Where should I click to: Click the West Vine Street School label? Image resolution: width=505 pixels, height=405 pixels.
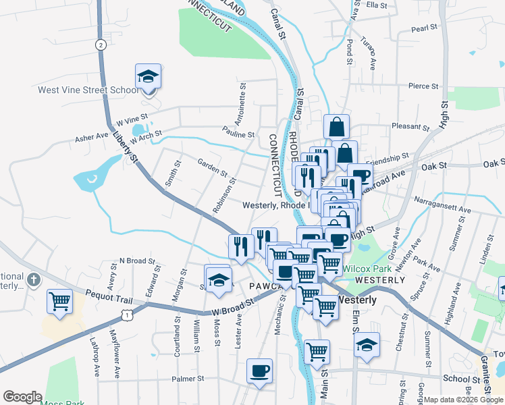pos(88,90)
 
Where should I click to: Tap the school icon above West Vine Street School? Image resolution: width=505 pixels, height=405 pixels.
pos(148,77)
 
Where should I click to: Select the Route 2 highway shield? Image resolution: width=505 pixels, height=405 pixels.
pos(101,45)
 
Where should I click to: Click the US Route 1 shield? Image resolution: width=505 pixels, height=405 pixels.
pos(126,314)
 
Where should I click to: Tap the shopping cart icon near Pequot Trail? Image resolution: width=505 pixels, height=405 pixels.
pos(59,301)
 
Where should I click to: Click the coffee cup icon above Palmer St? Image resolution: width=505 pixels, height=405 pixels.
pos(259,371)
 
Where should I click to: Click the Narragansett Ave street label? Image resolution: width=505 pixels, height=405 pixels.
pos(446,210)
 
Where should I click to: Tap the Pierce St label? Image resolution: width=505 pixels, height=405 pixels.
pos(423,86)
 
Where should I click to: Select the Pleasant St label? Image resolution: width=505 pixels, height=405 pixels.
pos(410,126)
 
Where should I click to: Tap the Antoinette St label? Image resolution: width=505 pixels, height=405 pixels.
pos(241,105)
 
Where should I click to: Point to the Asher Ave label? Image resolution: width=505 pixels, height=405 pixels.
pos(92,137)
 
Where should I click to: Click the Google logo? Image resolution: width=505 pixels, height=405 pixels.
pos(22,397)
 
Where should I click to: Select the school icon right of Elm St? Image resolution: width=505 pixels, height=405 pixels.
pos(367,345)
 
